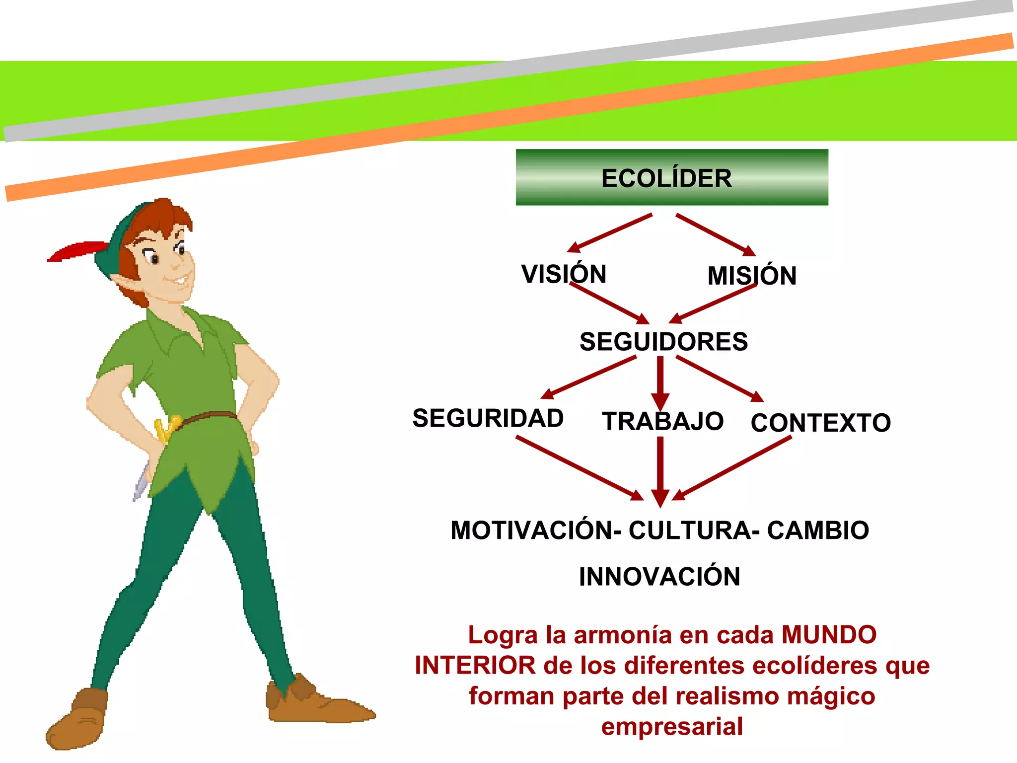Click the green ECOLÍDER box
pyautogui.click(x=671, y=177)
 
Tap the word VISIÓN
pyautogui.click(x=564, y=274)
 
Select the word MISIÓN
pyautogui.click(x=752, y=276)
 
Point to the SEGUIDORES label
pyautogui.click(x=663, y=342)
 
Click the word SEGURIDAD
pyautogui.click(x=488, y=418)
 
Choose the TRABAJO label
pyautogui.click(x=662, y=421)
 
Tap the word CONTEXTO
pyautogui.click(x=820, y=423)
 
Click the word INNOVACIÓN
pyautogui.click(x=659, y=577)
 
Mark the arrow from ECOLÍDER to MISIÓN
pyautogui.click(x=715, y=234)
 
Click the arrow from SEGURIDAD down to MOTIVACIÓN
pyautogui.click(x=579, y=467)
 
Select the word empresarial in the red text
pyautogui.click(x=672, y=726)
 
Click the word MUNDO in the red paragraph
pyautogui.click(x=829, y=635)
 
